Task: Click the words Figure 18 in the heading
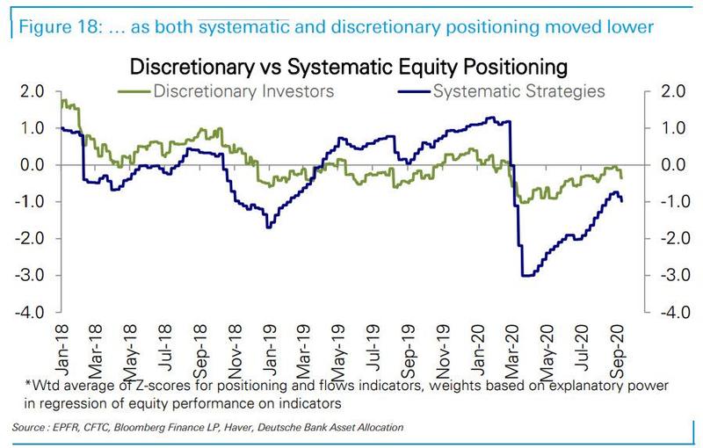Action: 50,26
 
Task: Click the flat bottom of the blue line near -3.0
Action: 527,276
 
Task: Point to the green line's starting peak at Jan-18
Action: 63,101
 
